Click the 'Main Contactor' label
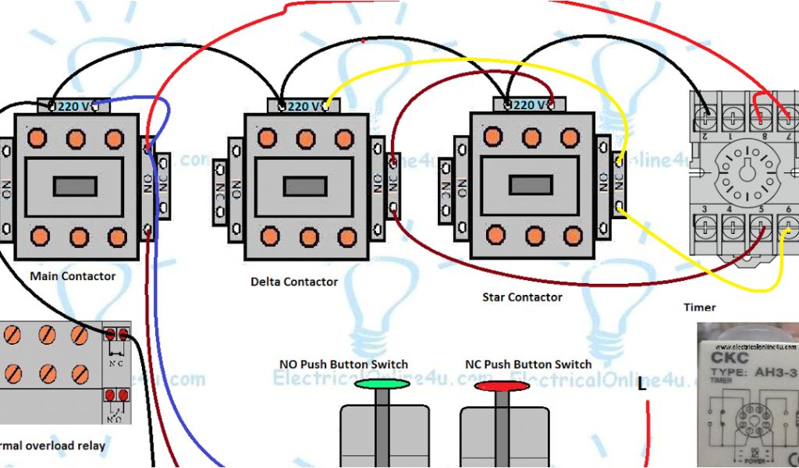[72, 276]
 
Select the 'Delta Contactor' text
[294, 282]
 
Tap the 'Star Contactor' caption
[522, 297]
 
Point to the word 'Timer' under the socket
[699, 307]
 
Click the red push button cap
[502, 385]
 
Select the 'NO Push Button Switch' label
[343, 364]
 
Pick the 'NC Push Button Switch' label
[528, 364]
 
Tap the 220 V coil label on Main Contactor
[74, 107]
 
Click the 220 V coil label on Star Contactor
[530, 105]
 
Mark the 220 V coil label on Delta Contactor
[303, 106]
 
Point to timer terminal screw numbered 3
[706, 225]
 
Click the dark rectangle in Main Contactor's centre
[75, 186]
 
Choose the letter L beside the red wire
[641, 385]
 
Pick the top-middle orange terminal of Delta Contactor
[306, 139]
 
